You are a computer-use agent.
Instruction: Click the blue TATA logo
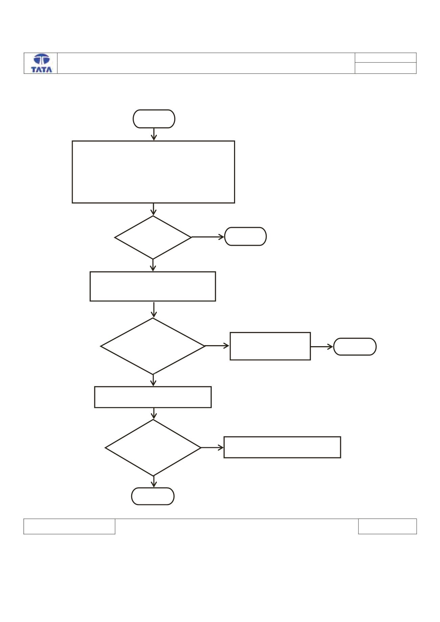pos(42,63)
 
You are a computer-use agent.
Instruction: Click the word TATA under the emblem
pos(42,69)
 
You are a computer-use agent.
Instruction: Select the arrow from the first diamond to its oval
pos(208,237)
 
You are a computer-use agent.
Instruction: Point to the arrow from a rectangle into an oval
pos(322,346)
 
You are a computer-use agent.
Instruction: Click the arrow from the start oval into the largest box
pos(154,134)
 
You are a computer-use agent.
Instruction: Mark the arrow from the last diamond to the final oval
pos(154,482)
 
